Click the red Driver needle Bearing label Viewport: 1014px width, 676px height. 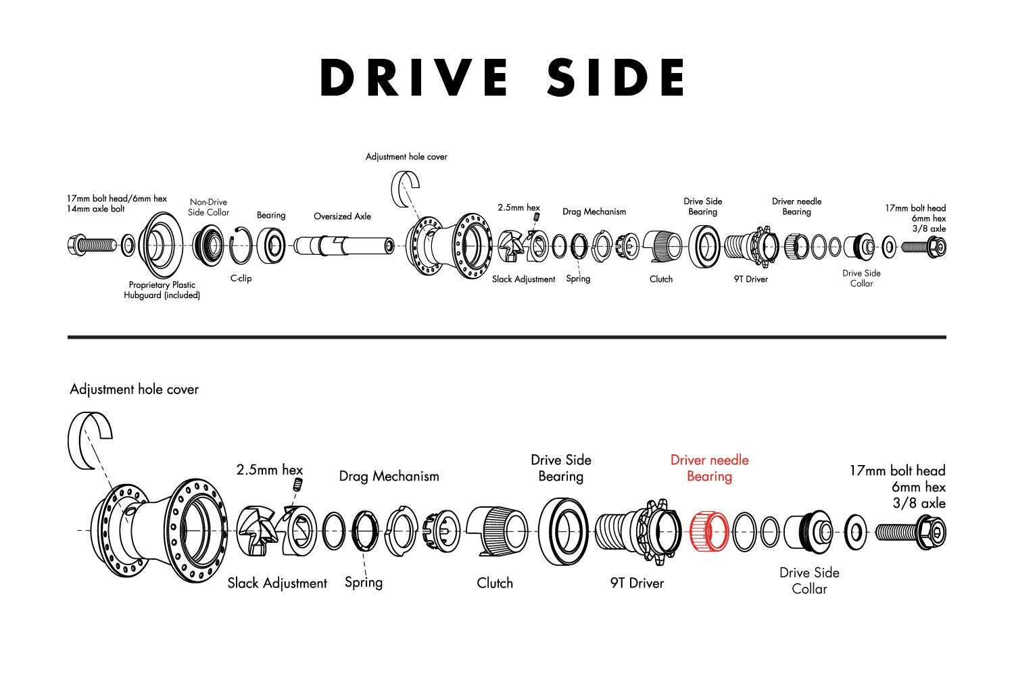point(709,468)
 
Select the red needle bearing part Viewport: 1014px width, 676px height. point(708,530)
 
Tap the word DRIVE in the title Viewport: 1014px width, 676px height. point(414,77)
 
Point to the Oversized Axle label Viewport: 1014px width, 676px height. point(342,216)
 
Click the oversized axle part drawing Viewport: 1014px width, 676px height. point(343,244)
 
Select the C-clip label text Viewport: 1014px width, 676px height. point(241,278)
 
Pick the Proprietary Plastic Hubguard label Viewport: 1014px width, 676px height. point(162,290)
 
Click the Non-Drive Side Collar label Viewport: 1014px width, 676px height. point(208,207)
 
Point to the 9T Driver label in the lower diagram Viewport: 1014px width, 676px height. point(637,583)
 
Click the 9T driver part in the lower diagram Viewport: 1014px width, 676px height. point(638,531)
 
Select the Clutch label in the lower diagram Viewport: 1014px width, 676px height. point(495,583)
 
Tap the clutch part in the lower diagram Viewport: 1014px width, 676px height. point(497,531)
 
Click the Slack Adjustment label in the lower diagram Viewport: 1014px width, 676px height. point(277,583)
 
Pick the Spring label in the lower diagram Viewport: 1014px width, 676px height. point(364,582)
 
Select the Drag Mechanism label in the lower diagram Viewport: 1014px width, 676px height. point(389,476)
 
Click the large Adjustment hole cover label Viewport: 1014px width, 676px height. point(134,389)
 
